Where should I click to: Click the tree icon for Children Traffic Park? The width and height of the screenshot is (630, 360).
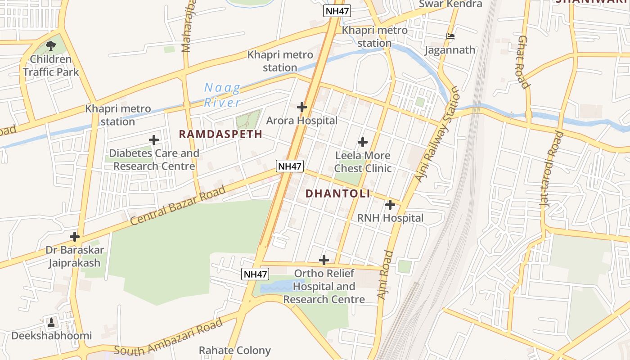coord(51,45)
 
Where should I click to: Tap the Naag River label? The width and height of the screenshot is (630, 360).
coord(222,95)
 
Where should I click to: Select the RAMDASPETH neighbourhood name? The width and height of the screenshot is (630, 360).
coord(220,134)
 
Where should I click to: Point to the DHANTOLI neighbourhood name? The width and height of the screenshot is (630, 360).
coord(338,193)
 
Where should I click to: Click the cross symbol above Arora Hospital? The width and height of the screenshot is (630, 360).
coord(302,107)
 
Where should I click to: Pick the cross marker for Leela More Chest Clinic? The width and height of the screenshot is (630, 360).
coord(363,143)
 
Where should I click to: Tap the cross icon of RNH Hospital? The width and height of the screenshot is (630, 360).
coord(390,205)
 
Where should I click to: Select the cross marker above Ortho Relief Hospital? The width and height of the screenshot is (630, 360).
coord(324,260)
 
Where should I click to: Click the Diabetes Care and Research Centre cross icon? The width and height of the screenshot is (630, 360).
coord(154,140)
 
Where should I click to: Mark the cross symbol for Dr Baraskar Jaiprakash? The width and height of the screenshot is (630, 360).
coord(75,237)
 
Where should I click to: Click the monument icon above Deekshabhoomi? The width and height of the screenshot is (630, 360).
coord(51,322)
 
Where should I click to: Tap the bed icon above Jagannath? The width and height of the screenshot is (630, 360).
coord(450,36)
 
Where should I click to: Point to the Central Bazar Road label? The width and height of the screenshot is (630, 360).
coord(178,206)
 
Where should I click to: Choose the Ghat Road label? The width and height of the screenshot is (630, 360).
coord(522,62)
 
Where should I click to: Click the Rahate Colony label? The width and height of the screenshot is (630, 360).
coord(235,350)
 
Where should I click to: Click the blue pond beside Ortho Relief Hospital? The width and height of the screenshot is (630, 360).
coord(275,287)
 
